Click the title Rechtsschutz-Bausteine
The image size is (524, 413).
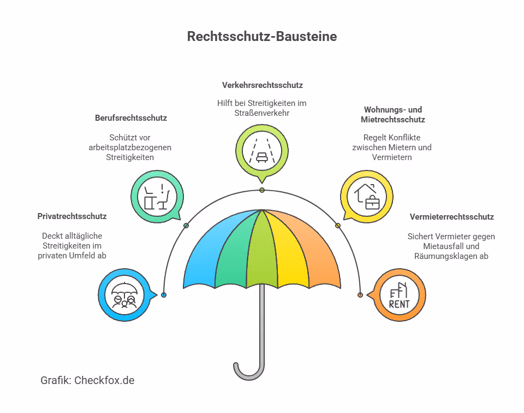[262, 37]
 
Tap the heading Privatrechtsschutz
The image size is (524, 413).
[72, 216]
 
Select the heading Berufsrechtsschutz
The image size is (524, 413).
[131, 118]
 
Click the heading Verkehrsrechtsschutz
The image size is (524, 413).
[263, 85]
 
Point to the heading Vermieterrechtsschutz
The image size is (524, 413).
[452, 217]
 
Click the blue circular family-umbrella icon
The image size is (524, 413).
[124, 295]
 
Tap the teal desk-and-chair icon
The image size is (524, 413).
[157, 197]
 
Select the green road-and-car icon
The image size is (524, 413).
[262, 151]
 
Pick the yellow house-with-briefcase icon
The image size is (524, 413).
[367, 197]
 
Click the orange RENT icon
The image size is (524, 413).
[399, 295]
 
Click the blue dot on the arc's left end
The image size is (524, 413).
[164, 295]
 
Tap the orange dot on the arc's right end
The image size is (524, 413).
[360, 295]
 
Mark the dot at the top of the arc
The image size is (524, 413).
[262, 190]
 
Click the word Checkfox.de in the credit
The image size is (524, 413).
[104, 381]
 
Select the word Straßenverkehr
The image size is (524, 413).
[261, 113]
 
